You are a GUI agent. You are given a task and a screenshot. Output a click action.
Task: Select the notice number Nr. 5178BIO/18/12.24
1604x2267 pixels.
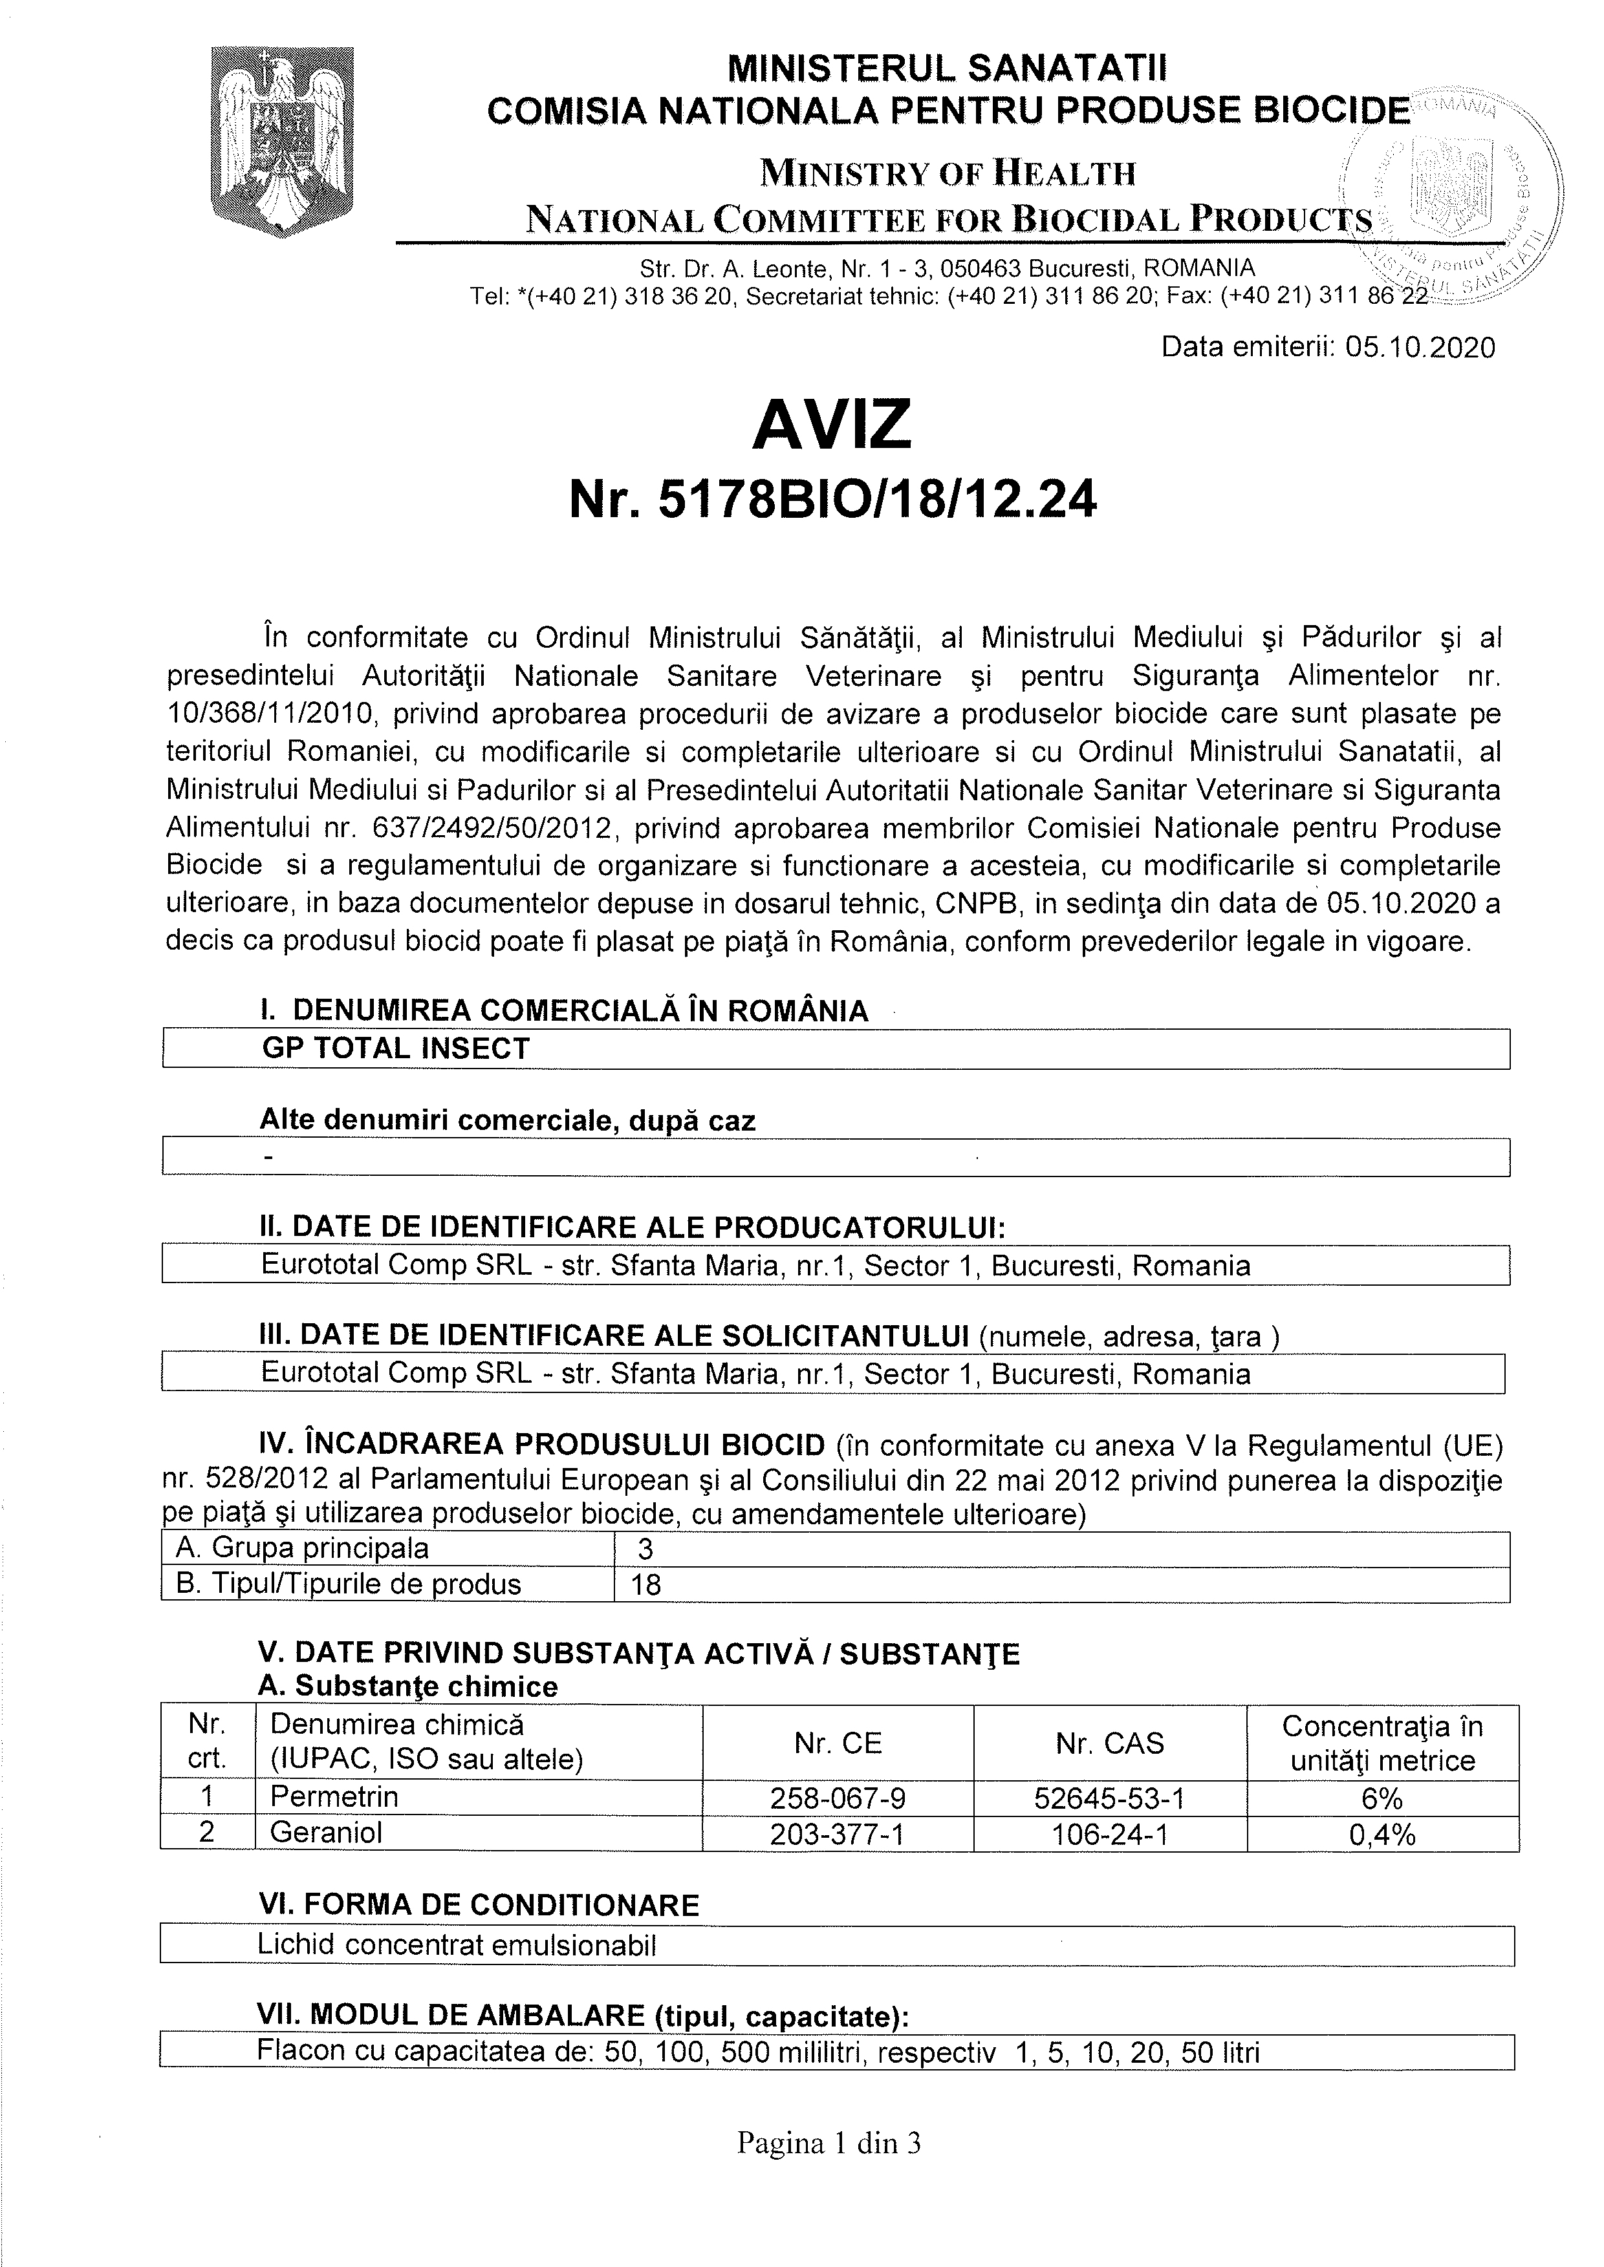(832, 502)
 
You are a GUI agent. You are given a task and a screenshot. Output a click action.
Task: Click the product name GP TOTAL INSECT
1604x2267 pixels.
(395, 1048)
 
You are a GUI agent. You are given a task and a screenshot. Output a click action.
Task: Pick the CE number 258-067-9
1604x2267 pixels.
(838, 1797)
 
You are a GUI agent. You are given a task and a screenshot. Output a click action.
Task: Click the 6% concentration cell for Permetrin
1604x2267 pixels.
(1382, 1797)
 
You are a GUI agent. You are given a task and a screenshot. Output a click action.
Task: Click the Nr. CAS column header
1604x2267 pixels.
(1109, 1743)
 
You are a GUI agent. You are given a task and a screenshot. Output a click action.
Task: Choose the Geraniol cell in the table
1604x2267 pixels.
(326, 1833)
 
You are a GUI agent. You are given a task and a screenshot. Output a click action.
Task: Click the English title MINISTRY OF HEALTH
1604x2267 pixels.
(947, 174)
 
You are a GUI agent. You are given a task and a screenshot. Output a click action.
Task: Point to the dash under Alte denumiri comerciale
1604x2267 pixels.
(268, 1156)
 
